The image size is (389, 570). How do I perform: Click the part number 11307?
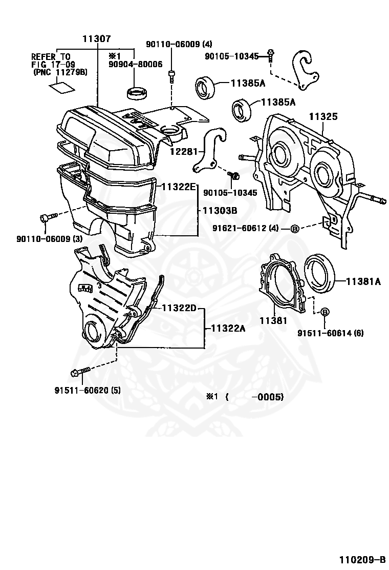[x=97, y=39]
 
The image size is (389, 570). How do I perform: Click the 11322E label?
[x=179, y=187]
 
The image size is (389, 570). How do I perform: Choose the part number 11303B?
[x=220, y=210]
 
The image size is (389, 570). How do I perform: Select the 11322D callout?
[x=179, y=308]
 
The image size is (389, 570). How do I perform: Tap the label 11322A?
[x=225, y=328]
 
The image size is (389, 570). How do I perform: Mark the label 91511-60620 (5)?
[x=88, y=390]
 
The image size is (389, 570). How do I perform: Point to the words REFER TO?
[x=51, y=56]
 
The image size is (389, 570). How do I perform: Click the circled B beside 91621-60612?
[x=295, y=229]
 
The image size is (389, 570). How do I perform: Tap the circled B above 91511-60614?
[x=324, y=312]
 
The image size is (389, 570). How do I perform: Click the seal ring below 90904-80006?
[x=137, y=93]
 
